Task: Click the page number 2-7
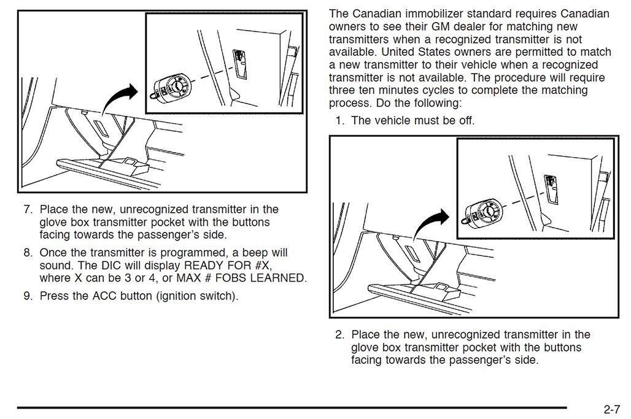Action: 614,409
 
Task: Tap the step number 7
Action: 27,209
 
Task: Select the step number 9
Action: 27,296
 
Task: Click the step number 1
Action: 339,120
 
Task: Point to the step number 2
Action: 339,334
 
